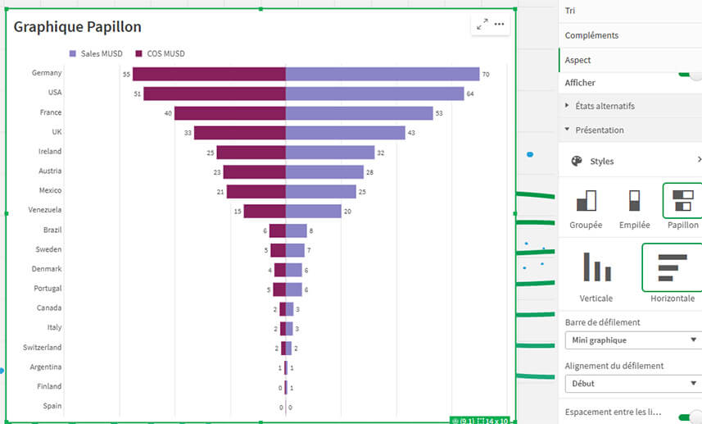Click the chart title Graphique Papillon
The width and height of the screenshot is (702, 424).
click(78, 27)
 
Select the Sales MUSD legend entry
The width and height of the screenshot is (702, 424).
click(97, 54)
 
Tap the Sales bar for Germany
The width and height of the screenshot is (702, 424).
click(382, 74)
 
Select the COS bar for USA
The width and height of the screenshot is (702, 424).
click(214, 93)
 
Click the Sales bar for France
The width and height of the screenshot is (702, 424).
click(359, 113)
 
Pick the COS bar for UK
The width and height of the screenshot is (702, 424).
click(239, 133)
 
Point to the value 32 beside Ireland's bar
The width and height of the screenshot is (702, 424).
click(380, 153)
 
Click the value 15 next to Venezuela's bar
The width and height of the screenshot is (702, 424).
click(237, 212)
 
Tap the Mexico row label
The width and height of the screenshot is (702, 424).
click(49, 190)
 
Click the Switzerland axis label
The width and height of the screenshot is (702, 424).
click(42, 348)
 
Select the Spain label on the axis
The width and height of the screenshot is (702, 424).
click(52, 406)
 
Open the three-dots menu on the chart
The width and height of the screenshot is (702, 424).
click(499, 25)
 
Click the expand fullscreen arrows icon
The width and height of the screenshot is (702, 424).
click(482, 25)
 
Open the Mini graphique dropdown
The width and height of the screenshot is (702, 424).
click(632, 340)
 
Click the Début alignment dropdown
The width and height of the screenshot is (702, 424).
click(632, 383)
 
